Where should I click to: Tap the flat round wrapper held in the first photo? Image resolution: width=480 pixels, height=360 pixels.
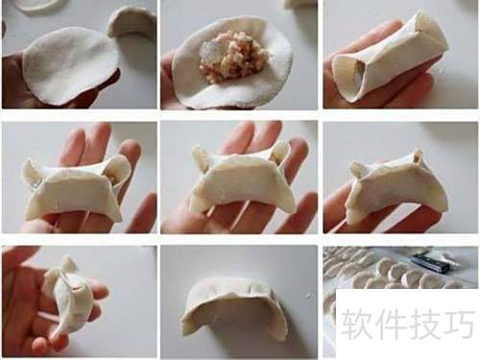[70, 65]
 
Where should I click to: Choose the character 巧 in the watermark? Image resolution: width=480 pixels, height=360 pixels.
[458, 324]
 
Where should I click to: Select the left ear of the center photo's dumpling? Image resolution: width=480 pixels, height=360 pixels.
[203, 160]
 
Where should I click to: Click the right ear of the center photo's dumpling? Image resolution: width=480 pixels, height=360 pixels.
[279, 153]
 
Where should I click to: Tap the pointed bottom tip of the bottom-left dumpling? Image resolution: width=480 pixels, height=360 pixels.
[54, 337]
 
